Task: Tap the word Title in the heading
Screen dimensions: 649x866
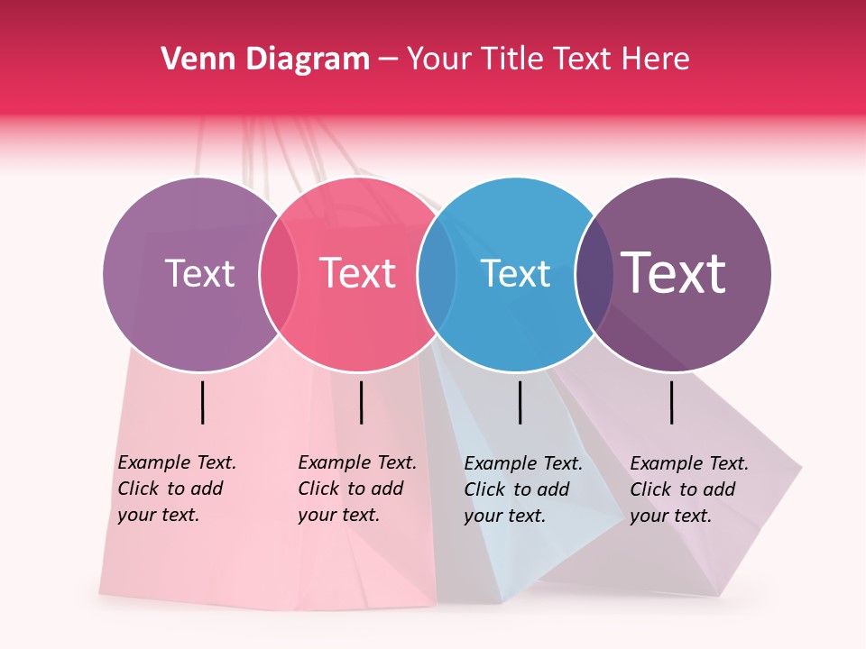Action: click(512, 59)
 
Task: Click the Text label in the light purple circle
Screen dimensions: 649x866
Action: click(199, 273)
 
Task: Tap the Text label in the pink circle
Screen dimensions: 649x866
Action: click(357, 273)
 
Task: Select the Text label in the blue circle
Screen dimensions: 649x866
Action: click(515, 273)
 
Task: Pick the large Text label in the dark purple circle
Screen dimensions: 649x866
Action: click(674, 273)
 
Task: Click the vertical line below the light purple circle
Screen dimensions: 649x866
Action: click(202, 402)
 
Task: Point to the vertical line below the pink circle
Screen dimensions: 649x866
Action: click(361, 402)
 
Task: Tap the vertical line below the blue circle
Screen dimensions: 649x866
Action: click(520, 402)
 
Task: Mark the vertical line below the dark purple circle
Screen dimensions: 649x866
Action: click(672, 402)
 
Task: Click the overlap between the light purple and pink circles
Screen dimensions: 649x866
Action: click(279, 273)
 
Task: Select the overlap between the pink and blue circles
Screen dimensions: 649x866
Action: click(434, 273)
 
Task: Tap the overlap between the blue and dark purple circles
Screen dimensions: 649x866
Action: click(591, 273)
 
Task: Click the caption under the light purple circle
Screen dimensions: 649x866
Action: click(176, 489)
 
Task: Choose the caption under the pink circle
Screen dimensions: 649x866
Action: click(356, 489)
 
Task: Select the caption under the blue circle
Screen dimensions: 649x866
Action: click(522, 489)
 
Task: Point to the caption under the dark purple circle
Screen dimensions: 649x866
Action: click(688, 489)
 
